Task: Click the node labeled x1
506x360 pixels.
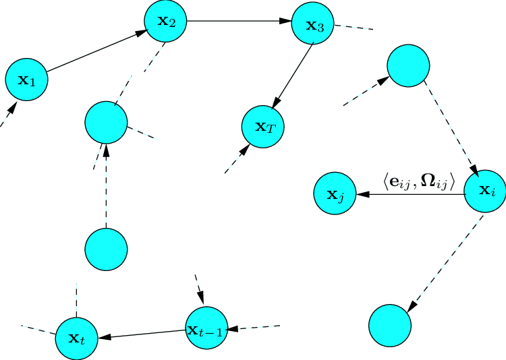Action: pos(26,80)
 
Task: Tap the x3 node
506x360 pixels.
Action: pos(312,26)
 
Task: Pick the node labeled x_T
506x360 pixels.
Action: pos(263,126)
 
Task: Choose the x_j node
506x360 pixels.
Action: pos(335,195)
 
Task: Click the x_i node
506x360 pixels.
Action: pos(486,191)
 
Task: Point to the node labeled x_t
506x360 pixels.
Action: pos(76,337)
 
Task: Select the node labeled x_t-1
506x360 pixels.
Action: pos(206,329)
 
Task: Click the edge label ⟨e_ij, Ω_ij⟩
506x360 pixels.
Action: pos(419,181)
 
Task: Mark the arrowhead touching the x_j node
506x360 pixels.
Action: pos(362,195)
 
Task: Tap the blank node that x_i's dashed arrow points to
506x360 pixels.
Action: pos(389,325)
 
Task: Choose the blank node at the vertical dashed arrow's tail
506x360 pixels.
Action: pos(106,248)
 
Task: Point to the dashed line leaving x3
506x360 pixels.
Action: pos(354,28)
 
